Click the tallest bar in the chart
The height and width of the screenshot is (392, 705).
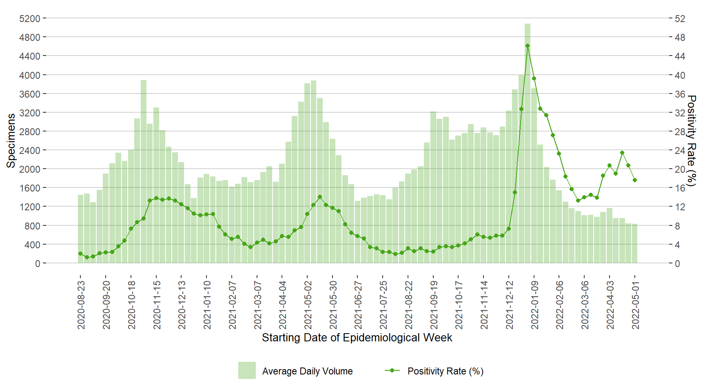(x=528, y=143)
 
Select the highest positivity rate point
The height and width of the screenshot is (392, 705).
(x=528, y=46)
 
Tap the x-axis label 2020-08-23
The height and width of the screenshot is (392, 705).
(x=81, y=305)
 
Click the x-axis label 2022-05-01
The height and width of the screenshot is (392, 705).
(x=635, y=305)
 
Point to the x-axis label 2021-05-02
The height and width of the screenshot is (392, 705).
(x=308, y=305)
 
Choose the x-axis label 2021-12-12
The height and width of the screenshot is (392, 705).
(x=509, y=305)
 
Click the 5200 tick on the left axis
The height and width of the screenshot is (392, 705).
(x=30, y=19)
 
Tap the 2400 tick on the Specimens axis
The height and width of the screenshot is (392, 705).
(x=30, y=150)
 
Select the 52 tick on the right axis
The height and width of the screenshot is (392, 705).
(x=680, y=19)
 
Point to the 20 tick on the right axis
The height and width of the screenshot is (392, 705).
(x=680, y=169)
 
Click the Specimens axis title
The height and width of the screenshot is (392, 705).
(x=11, y=140)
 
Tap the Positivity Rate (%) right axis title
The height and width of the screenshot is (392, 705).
(x=691, y=140)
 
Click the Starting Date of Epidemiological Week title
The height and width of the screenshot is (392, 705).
(x=357, y=338)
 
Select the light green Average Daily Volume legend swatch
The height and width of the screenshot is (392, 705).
(x=247, y=370)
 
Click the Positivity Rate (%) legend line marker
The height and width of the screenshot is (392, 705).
(x=392, y=370)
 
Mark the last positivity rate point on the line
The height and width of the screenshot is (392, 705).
(x=635, y=180)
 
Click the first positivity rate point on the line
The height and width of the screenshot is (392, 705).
(x=80, y=254)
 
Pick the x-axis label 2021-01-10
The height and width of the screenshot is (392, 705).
(x=207, y=305)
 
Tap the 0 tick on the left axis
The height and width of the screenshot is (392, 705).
(x=38, y=264)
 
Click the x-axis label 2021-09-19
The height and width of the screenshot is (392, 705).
(x=434, y=305)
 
